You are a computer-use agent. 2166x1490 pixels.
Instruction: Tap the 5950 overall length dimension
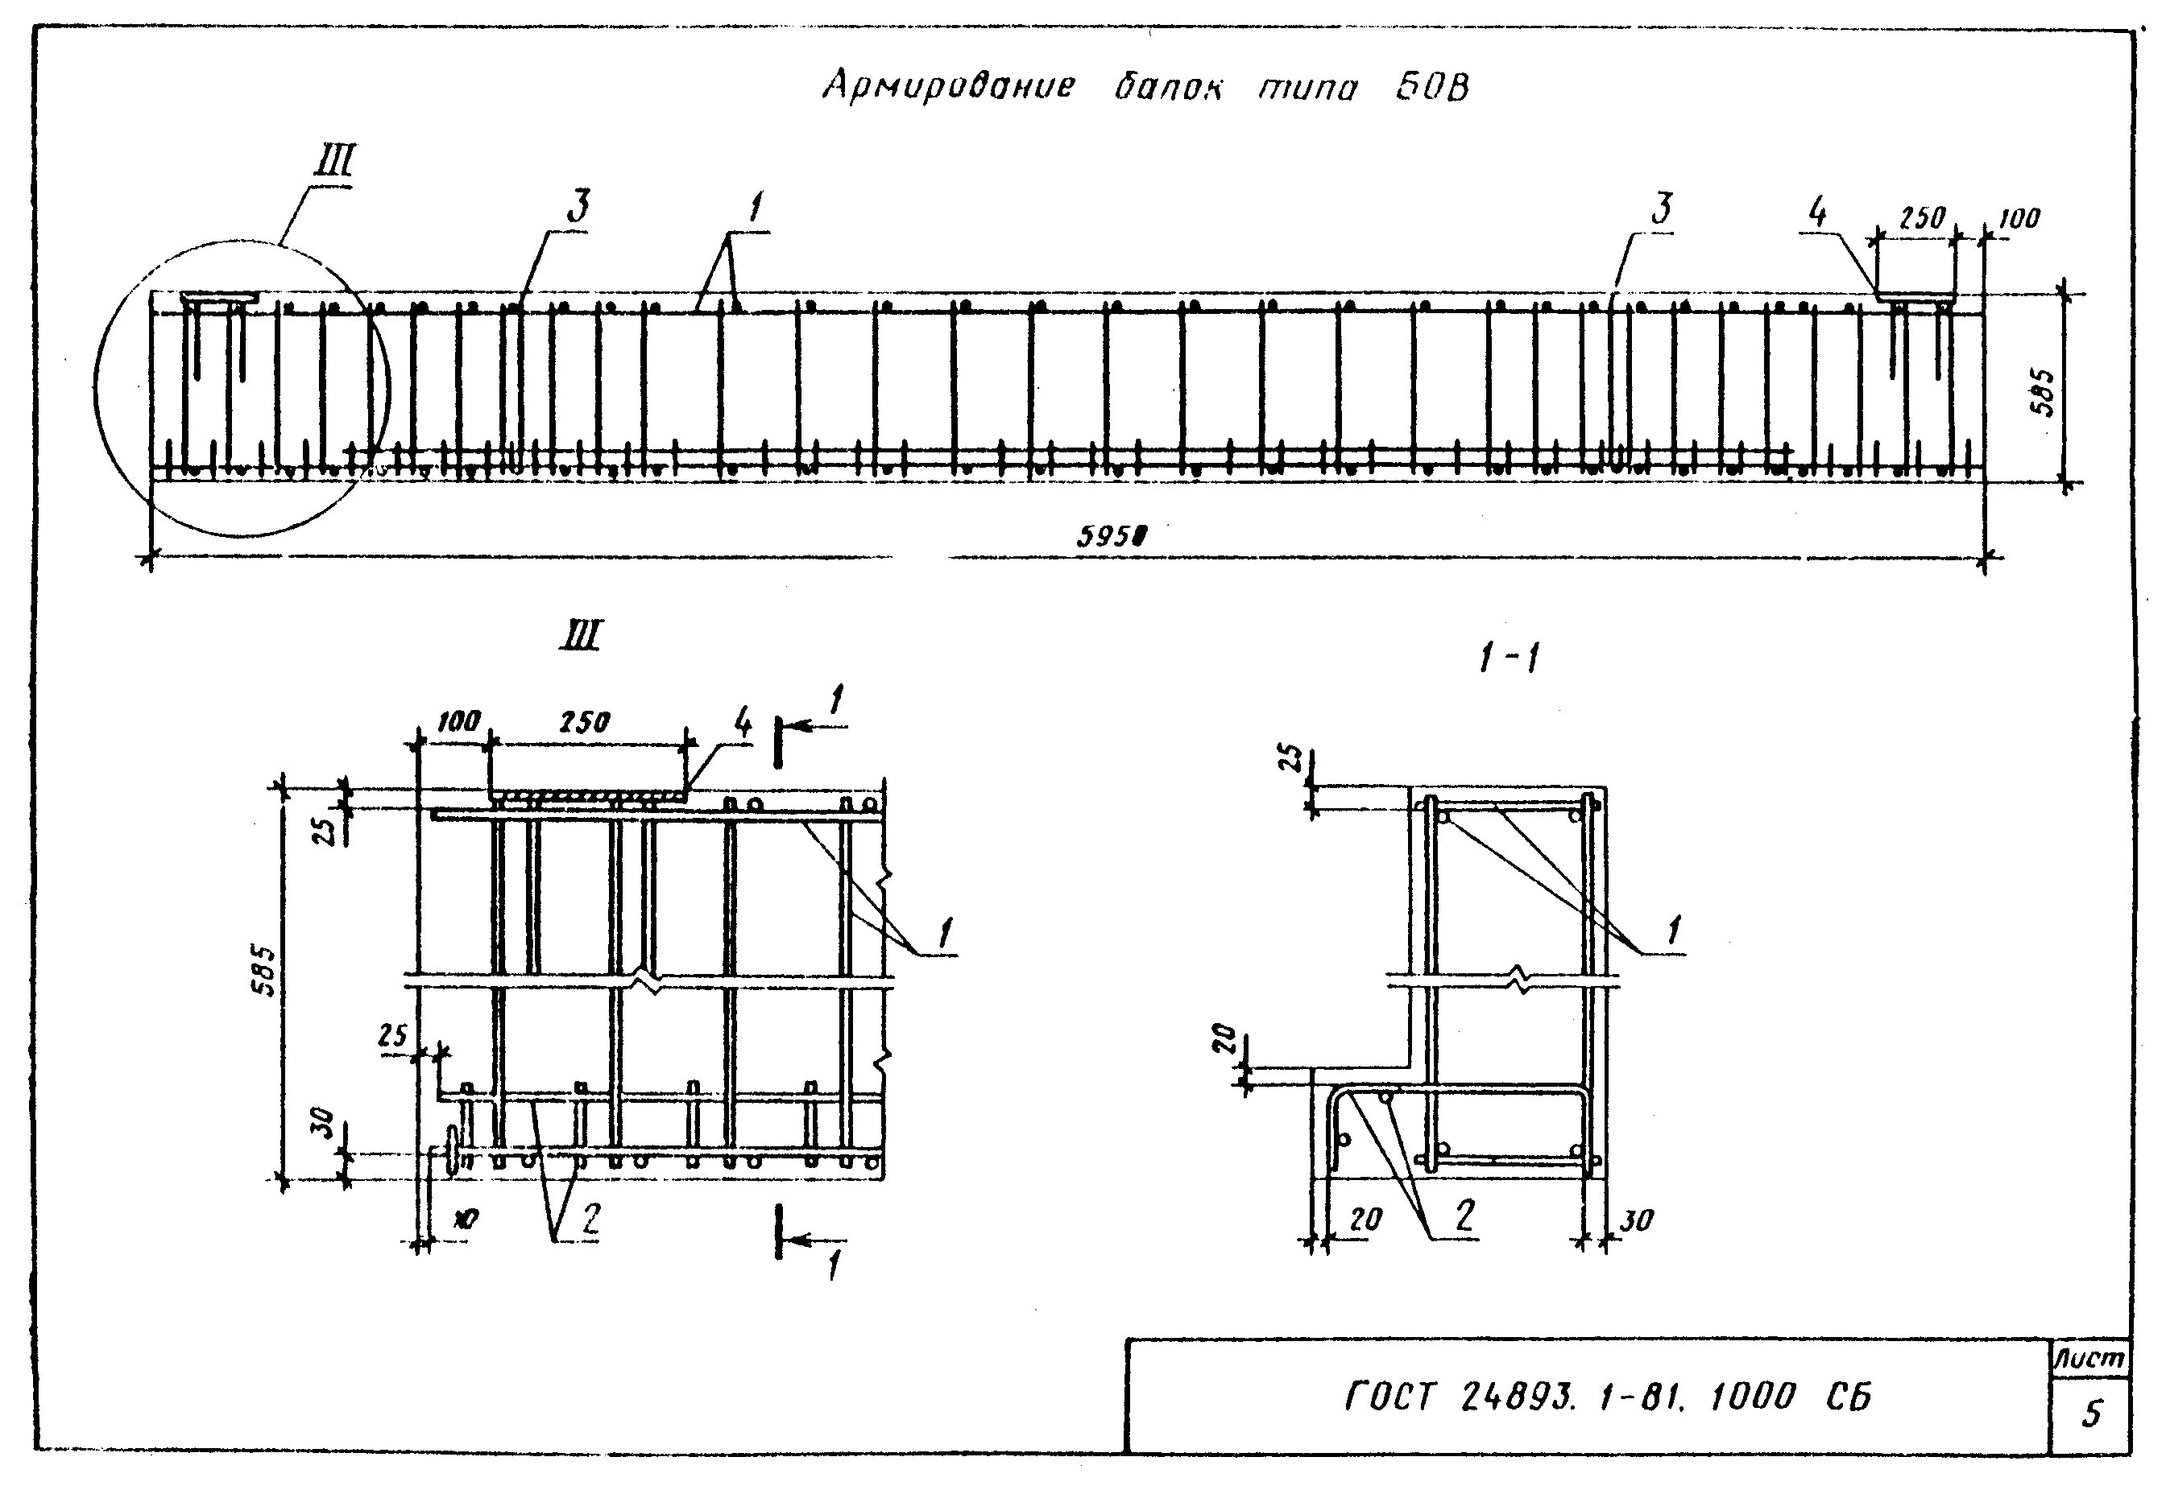[1111, 537]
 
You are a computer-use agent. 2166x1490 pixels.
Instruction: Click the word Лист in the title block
[2090, 1360]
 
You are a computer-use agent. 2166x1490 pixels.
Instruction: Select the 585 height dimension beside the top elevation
[2043, 393]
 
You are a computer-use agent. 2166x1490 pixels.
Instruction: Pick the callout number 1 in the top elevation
[755, 207]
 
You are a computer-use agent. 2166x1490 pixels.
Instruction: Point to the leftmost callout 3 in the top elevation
[579, 207]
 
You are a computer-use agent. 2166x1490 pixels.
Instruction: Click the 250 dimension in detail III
[584, 722]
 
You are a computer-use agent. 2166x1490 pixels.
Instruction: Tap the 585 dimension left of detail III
[266, 971]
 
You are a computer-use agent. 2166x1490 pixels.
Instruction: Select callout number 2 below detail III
[590, 1217]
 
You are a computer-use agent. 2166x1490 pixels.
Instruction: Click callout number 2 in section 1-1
[1464, 1215]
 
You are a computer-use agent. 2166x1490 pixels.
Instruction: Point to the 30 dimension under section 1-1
[1635, 1220]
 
